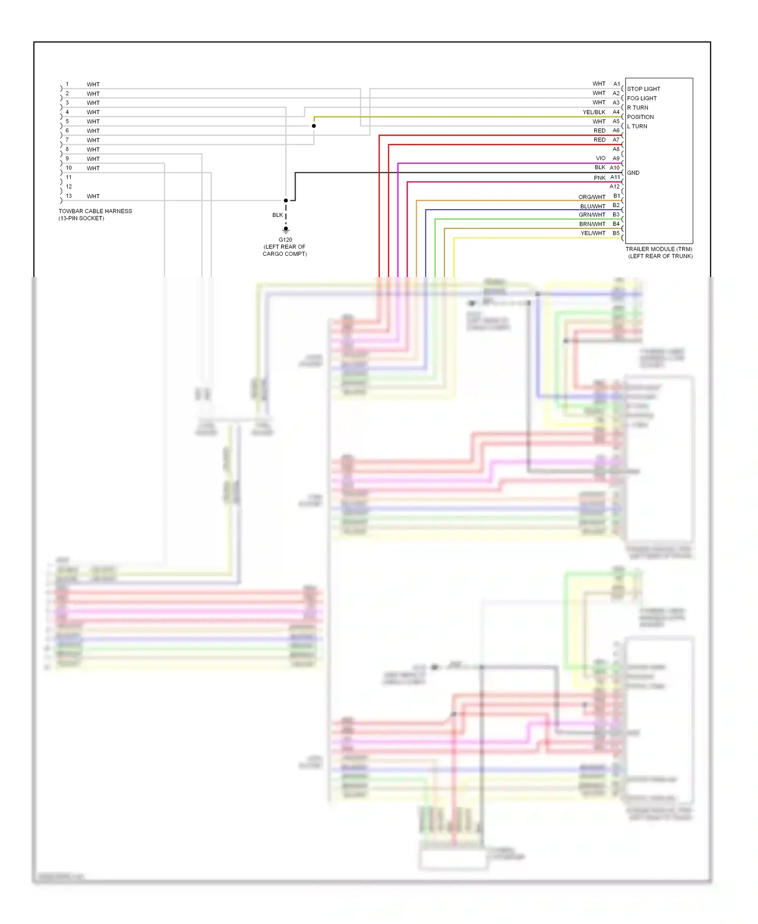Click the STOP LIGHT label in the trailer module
click(643, 89)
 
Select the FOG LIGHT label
click(642, 99)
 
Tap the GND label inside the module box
click(633, 173)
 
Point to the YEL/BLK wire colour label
click(594, 112)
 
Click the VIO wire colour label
click(600, 158)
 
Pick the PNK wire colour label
click(599, 178)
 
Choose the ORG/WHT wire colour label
click(592, 197)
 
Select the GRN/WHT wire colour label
click(592, 215)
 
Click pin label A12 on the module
click(614, 187)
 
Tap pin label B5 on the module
click(616, 233)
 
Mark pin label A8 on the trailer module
click(616, 149)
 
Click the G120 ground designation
click(285, 240)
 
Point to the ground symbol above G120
click(286, 230)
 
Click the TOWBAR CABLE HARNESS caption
click(95, 211)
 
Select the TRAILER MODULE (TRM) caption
click(659, 249)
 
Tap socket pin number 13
click(69, 196)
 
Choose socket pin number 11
click(69, 177)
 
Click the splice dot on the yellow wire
click(314, 126)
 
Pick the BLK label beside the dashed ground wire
click(277, 215)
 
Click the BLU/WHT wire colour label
click(593, 206)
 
